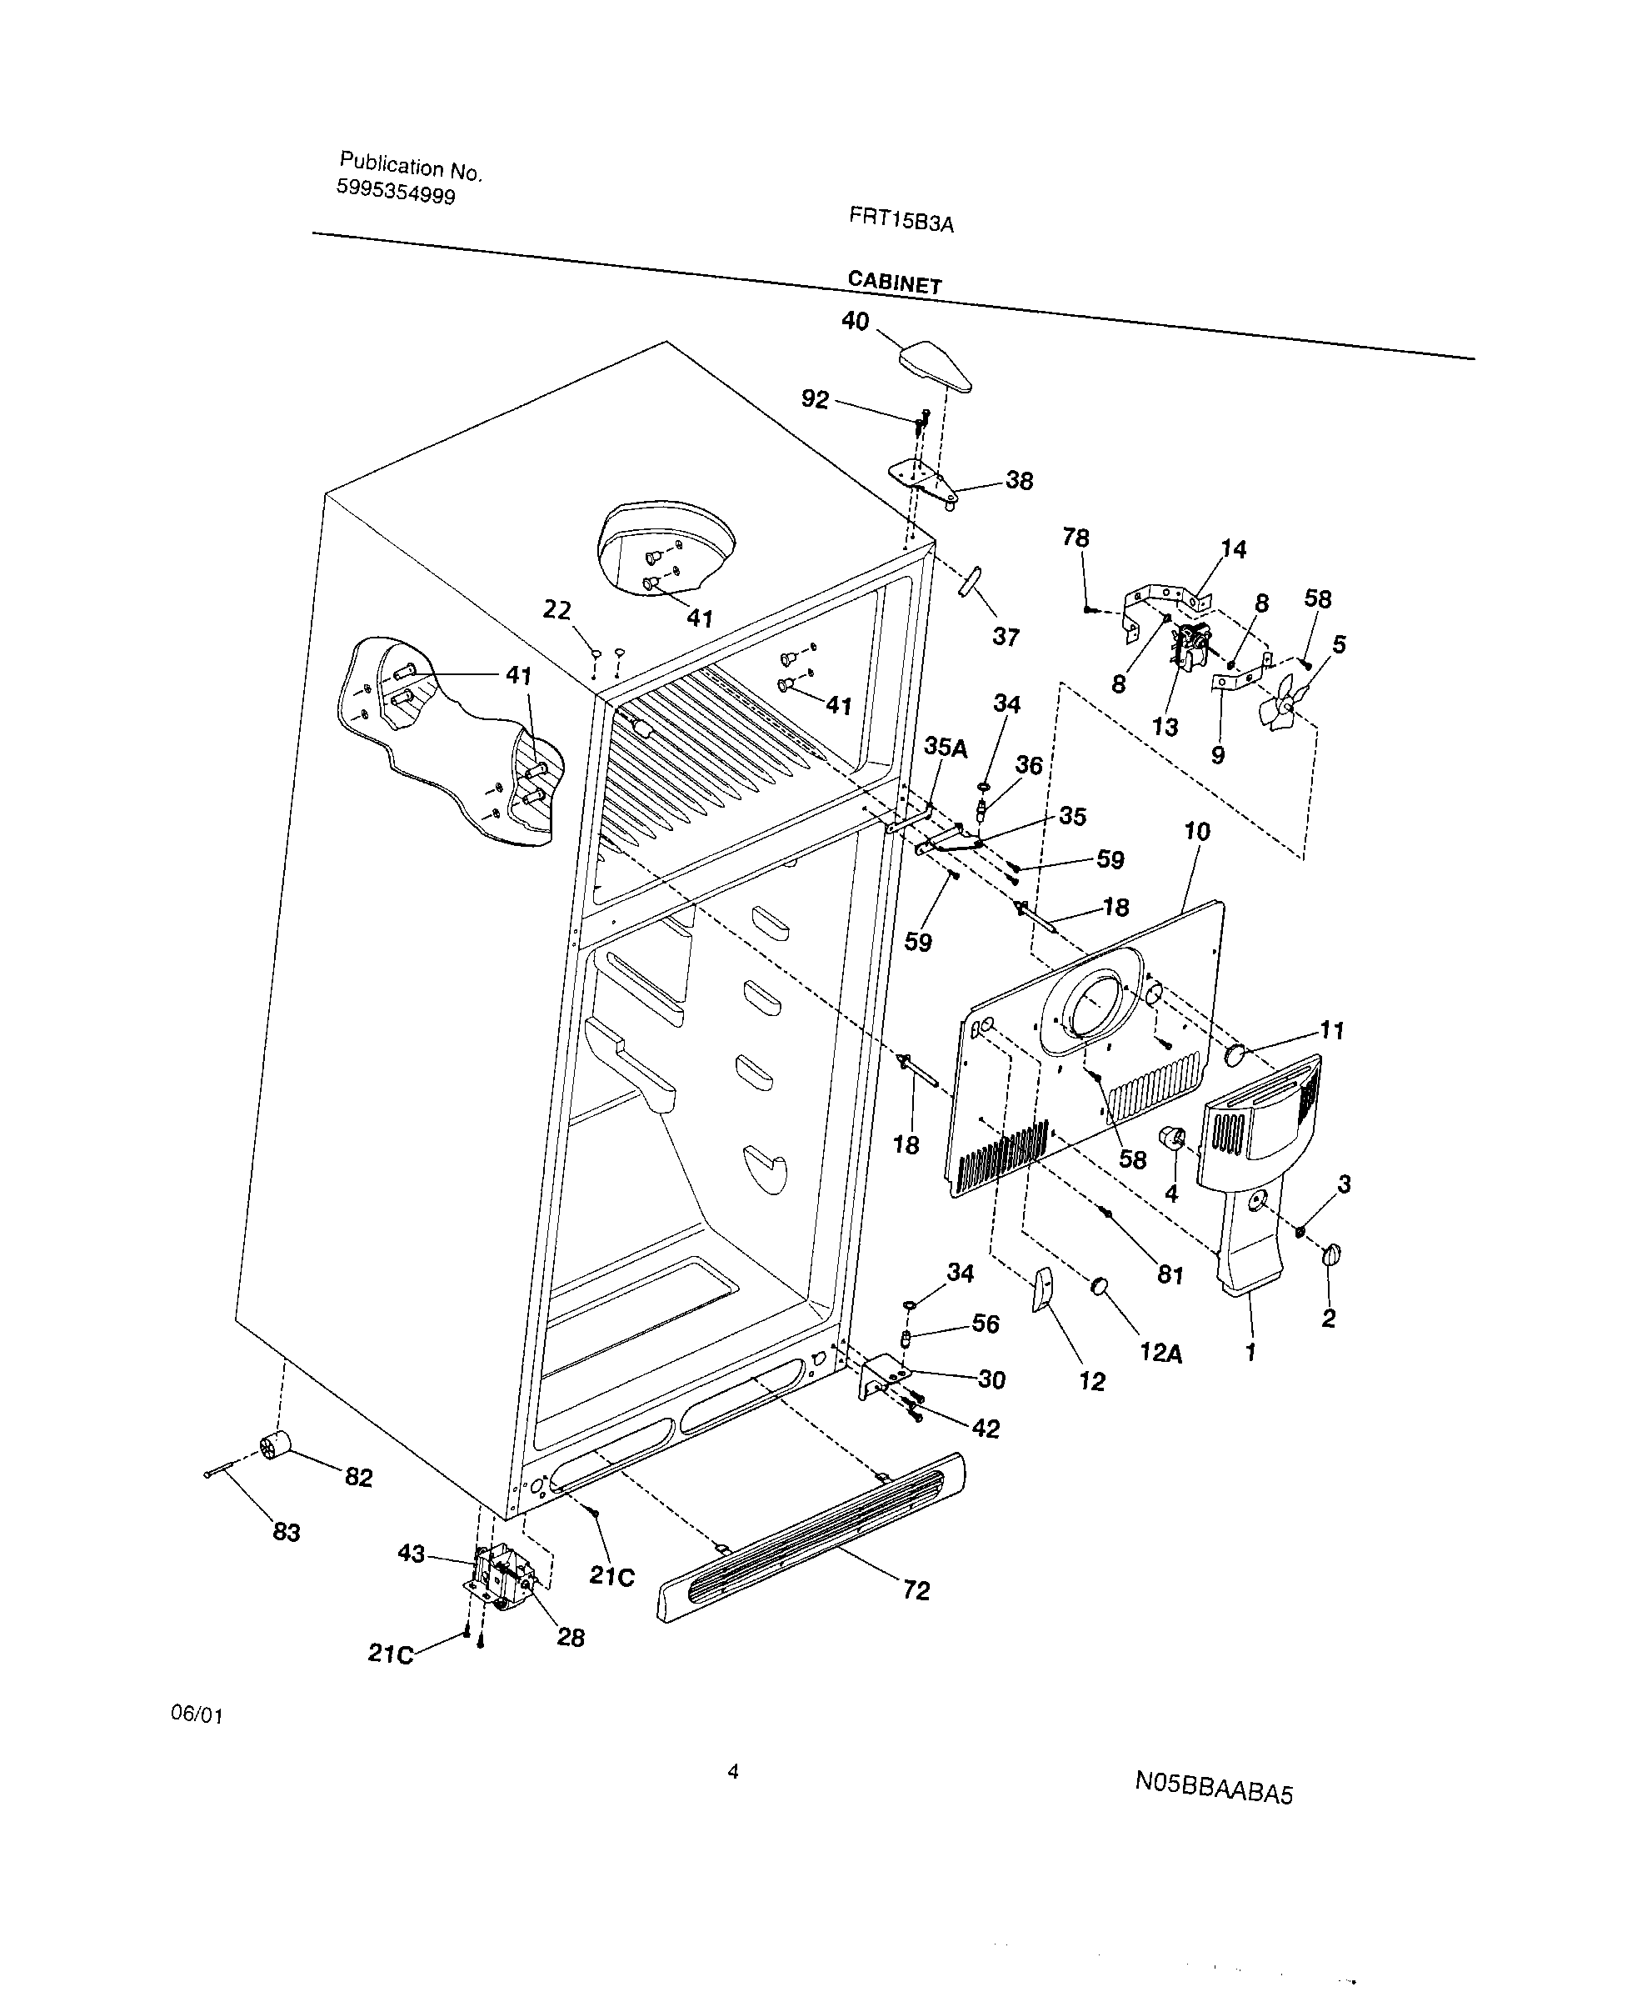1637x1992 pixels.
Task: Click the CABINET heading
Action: (x=894, y=281)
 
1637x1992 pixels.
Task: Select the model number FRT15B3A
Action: (x=901, y=221)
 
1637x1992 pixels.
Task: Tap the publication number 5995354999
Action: (x=396, y=193)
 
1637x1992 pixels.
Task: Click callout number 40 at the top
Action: (x=855, y=322)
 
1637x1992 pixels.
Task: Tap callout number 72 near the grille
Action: (x=916, y=1590)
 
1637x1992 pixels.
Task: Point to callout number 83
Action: (x=287, y=1532)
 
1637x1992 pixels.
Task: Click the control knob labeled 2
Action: (x=1331, y=1254)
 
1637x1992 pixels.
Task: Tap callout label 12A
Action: (x=1160, y=1354)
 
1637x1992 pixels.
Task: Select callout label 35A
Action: (x=945, y=748)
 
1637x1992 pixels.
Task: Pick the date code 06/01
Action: (x=196, y=1714)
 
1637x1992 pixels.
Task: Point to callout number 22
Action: (x=556, y=610)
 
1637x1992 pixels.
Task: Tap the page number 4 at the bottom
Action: (x=732, y=1771)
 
